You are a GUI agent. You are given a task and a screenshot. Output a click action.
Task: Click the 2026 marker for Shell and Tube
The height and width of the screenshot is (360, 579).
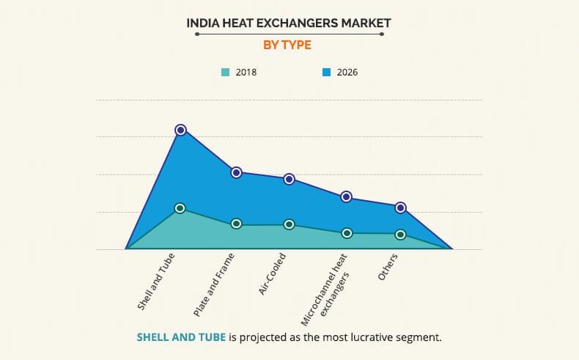tap(180, 130)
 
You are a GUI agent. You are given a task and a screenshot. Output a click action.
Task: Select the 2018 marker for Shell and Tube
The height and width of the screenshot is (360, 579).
tap(180, 208)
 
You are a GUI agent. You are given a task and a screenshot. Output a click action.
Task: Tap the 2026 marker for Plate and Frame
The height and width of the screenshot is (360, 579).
tap(236, 172)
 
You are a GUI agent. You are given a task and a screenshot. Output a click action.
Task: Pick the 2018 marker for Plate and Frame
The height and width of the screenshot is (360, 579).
tap(236, 224)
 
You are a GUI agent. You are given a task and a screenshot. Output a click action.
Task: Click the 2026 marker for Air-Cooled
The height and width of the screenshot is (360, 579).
tap(289, 179)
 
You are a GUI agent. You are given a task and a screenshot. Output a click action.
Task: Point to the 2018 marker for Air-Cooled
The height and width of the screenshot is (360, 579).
tap(289, 224)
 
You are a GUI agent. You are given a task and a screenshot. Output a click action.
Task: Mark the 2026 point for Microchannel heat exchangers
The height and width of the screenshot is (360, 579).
tap(347, 196)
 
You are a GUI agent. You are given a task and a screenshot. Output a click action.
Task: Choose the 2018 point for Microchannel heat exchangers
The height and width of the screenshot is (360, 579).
tap(347, 233)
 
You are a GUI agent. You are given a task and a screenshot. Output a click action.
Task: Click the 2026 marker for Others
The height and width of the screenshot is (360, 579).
tap(401, 207)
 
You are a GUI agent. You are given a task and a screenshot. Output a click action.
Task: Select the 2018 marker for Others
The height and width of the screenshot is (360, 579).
tap(401, 235)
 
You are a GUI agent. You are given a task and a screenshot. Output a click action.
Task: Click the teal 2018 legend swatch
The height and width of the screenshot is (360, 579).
tap(226, 72)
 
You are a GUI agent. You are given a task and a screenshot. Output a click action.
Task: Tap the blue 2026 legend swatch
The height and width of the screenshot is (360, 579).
tap(327, 72)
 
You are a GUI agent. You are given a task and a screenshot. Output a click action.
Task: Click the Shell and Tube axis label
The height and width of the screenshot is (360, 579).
tap(160, 282)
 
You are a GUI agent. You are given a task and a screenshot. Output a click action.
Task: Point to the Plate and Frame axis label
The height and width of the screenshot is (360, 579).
tap(214, 284)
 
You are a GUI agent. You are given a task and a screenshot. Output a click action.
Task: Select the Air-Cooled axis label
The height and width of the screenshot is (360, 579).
tap(272, 274)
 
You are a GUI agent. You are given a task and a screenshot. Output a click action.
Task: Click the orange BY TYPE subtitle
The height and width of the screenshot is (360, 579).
tap(287, 45)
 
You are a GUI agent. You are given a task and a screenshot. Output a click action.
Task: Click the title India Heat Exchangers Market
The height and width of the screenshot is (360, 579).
tap(289, 23)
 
